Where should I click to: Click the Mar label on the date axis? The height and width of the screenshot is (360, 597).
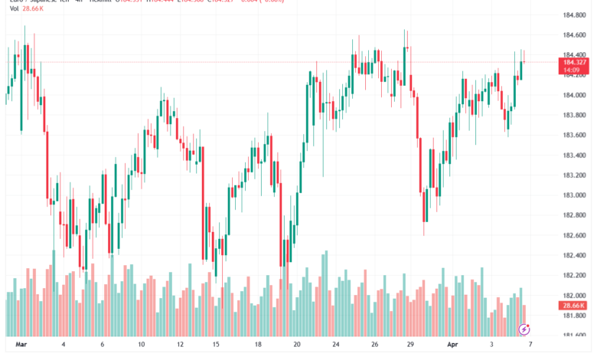coord(21,345)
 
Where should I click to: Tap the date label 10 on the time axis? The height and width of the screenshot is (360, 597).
coord(142,345)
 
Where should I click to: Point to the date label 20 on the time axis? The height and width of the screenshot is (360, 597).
coord(296,345)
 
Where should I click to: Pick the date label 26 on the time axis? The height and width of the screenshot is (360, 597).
coord(374,345)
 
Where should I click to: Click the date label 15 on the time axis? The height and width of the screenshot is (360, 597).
coord(217,345)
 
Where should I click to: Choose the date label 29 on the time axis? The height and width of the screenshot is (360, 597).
coord(411,345)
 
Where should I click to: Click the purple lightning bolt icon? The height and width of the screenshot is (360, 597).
coord(524,330)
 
